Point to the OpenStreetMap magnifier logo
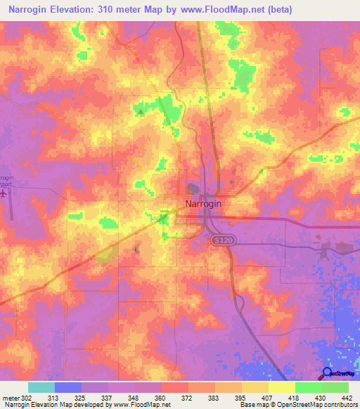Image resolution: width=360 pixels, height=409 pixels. click(328, 372)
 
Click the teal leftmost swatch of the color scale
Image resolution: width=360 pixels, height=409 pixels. click(41, 387)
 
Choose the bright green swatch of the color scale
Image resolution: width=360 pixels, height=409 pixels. click(308, 387)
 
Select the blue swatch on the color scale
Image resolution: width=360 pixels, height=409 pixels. click(68, 387)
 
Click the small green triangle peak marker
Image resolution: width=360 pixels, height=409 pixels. click(141, 111)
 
